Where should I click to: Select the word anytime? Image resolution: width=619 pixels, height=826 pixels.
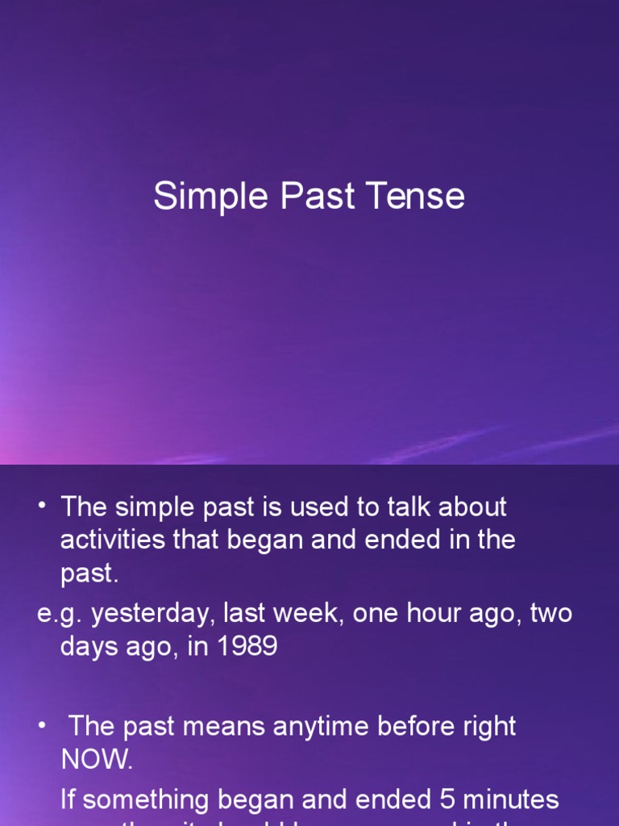pos(325,726)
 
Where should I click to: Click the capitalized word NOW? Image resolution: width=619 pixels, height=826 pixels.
pos(96,759)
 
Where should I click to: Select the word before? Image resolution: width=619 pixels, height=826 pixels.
pos(423,726)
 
